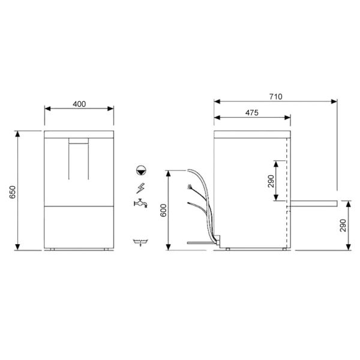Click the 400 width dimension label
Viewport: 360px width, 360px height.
(79, 104)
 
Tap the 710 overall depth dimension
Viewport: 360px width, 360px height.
(275, 96)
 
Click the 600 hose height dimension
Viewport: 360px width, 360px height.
(163, 209)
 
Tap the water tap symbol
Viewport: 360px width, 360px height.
(140, 203)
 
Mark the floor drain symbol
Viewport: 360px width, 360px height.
(140, 241)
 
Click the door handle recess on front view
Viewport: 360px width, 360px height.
(79, 142)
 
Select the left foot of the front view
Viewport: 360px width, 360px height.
(52, 249)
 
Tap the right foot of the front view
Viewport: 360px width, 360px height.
(106, 249)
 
